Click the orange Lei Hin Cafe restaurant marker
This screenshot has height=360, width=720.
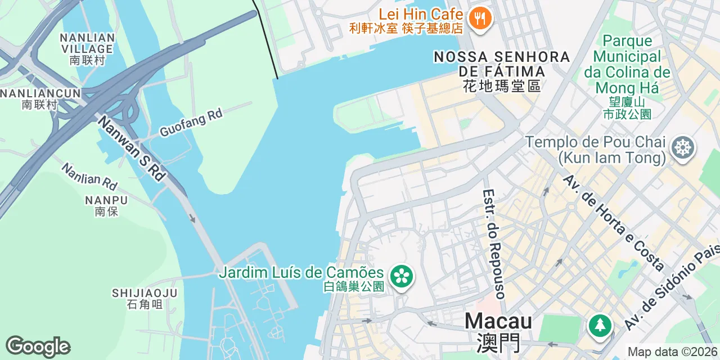point(480,19)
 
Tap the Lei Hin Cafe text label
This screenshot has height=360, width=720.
point(421,14)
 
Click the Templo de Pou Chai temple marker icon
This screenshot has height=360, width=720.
point(682,148)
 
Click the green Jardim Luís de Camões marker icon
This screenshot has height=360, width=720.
point(402,276)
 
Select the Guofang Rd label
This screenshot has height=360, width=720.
point(191,122)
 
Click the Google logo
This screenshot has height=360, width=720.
point(38,347)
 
